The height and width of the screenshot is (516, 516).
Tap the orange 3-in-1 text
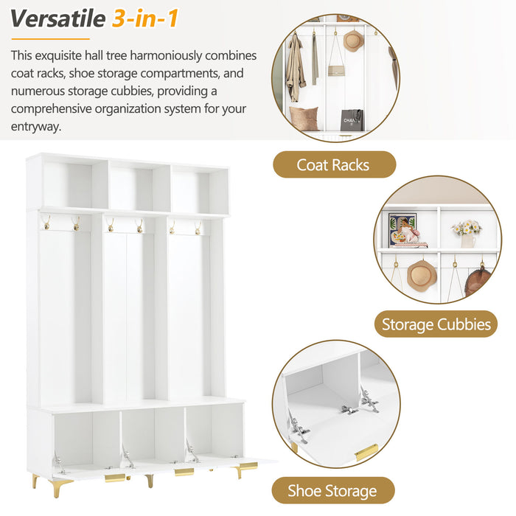[145, 18]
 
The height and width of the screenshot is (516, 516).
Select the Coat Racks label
[334, 164]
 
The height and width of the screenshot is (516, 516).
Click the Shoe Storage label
[332, 490]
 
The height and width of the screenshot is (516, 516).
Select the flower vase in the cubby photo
[466, 233]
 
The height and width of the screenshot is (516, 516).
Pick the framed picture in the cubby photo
[402, 227]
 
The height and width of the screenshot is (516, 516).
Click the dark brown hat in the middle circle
[478, 282]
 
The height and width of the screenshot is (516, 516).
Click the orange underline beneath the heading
[50, 38]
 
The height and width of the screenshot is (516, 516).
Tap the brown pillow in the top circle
[304, 118]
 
